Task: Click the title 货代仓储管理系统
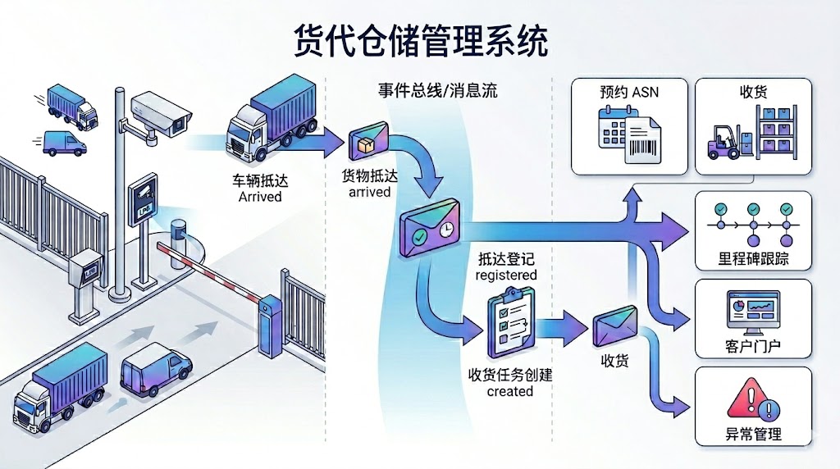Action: pos(420,41)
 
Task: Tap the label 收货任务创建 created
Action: pos(510,382)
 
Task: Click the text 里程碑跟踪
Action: pos(752,261)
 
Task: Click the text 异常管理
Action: pos(752,434)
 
